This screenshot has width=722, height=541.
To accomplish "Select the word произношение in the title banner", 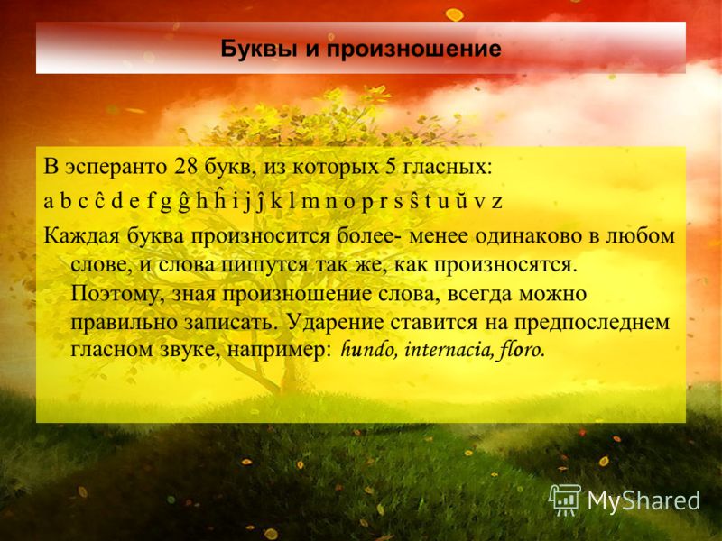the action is pyautogui.click(x=414, y=50).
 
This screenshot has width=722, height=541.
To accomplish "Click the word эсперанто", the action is pyautogui.click(x=116, y=168).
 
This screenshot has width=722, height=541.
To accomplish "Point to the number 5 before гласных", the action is pyautogui.click(x=391, y=167).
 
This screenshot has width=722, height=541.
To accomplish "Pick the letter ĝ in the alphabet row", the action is pyautogui.click(x=184, y=202).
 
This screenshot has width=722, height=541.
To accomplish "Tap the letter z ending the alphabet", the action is pyautogui.click(x=496, y=202).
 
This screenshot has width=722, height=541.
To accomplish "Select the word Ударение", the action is pyautogui.click(x=336, y=323).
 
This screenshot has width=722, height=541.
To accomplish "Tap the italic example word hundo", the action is pyautogui.click(x=368, y=350).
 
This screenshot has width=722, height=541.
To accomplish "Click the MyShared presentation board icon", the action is pyautogui.click(x=565, y=500).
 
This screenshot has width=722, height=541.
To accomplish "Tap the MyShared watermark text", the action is pyautogui.click(x=643, y=501).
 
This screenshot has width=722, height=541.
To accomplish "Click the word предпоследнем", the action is pyautogui.click(x=591, y=323).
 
